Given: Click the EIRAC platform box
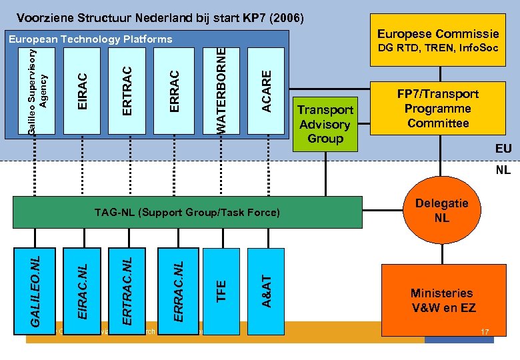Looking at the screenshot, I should pyautogui.click(x=82, y=89).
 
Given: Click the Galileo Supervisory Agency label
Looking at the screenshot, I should pyautogui.click(x=37, y=89).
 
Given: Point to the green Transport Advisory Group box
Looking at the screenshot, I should pyautogui.click(x=326, y=124).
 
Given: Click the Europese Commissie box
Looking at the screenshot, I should pyautogui.click(x=437, y=40).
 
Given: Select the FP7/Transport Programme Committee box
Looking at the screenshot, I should pyautogui.click(x=437, y=109).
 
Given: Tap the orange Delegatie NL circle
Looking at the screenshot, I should pyautogui.click(x=441, y=211).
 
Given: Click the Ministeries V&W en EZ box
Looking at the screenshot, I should pyautogui.click(x=442, y=301).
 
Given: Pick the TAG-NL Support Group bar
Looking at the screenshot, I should pyautogui.click(x=187, y=213).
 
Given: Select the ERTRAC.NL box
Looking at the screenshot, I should pyautogui.click(x=129, y=287).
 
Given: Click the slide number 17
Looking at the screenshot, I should pyautogui.click(x=485, y=331).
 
